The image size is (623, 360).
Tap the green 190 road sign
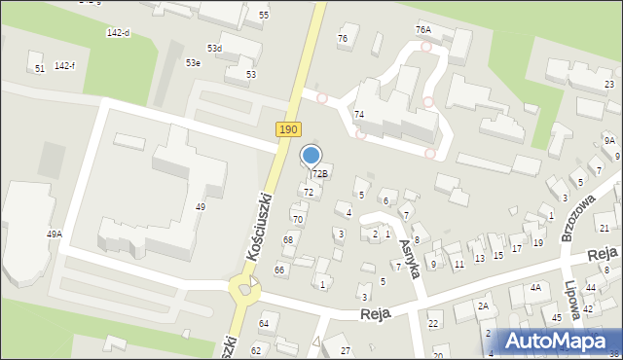(x=288, y=129)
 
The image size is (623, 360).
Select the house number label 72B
(x=320, y=173)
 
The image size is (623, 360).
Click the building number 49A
(x=55, y=234)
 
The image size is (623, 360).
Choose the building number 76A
(x=422, y=30)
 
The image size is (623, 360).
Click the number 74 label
(x=358, y=115)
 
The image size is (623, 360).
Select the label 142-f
(x=65, y=65)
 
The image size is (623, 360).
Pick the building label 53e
(x=194, y=63)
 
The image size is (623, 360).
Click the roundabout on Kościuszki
(x=245, y=288)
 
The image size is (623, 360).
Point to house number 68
(x=288, y=239)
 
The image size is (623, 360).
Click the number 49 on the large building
(x=201, y=206)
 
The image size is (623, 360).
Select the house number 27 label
(x=345, y=350)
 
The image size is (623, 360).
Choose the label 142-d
(x=118, y=32)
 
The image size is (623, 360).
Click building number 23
(x=609, y=85)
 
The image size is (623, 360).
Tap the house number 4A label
(x=535, y=288)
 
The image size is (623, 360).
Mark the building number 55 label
(x=264, y=16)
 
